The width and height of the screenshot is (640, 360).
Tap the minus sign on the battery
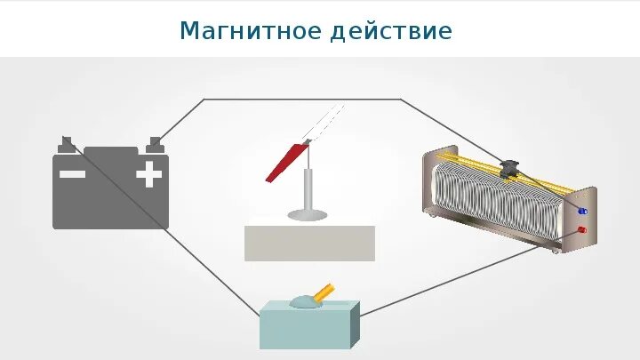72,174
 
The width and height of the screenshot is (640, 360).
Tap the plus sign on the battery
149,174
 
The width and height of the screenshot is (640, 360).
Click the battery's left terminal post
67,143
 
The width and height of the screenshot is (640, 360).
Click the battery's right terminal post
156,143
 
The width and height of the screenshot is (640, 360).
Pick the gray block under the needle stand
309,243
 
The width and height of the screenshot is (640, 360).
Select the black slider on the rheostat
510,168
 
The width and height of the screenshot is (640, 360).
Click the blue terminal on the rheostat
583,212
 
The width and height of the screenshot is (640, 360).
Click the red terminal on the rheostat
582,230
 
